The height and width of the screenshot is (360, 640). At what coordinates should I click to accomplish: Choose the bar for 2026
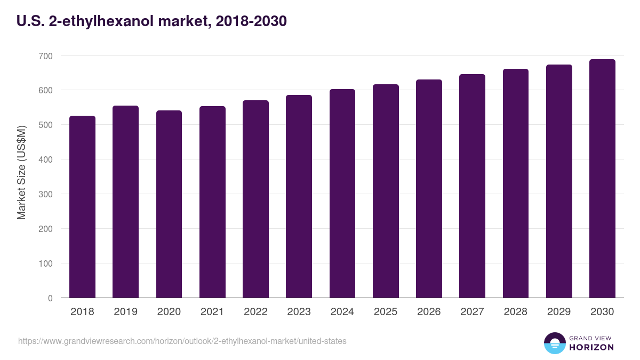pos(429,189)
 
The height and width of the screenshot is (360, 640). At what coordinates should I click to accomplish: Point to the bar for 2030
pos(602,179)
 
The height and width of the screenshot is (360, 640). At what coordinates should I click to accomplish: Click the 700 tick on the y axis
pos(46,56)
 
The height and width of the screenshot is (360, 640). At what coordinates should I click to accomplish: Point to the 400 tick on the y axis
pos(46,159)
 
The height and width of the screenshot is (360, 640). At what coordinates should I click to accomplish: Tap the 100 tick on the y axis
pos(46,263)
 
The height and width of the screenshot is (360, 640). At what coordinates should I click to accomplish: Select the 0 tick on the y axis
pos(50,298)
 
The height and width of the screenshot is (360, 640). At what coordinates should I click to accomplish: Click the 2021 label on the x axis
pos(212,312)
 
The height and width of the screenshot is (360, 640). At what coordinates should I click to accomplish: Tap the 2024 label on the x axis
pos(342,312)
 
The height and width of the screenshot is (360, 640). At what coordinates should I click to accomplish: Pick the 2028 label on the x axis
pos(516,312)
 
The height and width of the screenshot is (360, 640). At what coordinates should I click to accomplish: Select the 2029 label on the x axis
pos(559,312)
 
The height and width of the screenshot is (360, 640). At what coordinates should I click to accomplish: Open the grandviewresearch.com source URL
pos(182,341)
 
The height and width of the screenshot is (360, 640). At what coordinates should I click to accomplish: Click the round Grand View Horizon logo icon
pos(555,343)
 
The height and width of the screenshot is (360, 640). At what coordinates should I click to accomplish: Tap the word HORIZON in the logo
pos(592,347)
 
